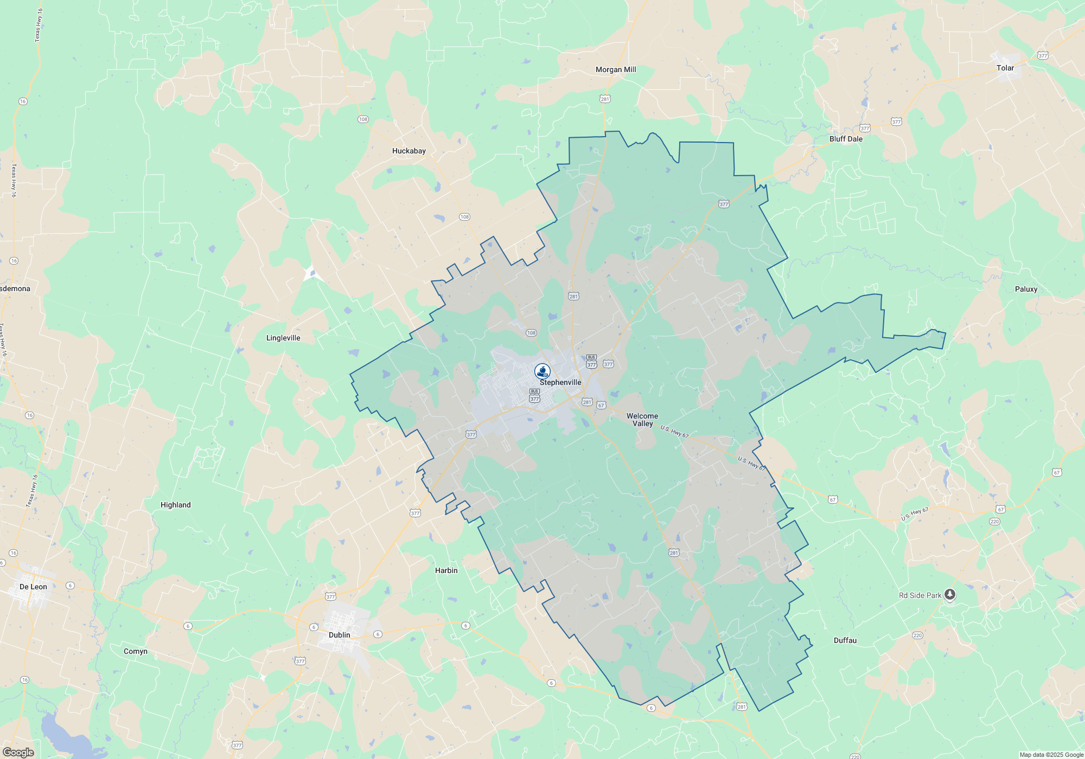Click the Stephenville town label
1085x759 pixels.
560,382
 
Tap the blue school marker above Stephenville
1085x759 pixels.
542,371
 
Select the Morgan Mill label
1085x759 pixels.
615,69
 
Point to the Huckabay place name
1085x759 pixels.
409,151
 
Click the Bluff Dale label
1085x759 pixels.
845,139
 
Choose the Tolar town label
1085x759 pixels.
1005,68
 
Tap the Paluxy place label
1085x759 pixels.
1025,289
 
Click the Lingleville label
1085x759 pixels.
283,338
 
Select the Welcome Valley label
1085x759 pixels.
642,420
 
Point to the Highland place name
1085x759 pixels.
175,505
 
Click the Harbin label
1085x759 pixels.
446,570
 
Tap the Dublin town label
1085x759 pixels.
339,635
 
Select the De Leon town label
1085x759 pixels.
33,587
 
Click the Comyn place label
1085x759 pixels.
135,651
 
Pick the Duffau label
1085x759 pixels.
845,640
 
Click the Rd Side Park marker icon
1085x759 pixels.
949,595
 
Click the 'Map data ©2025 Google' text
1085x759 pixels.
1051,755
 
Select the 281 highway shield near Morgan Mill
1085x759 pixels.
605,99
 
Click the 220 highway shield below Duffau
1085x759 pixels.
917,635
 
